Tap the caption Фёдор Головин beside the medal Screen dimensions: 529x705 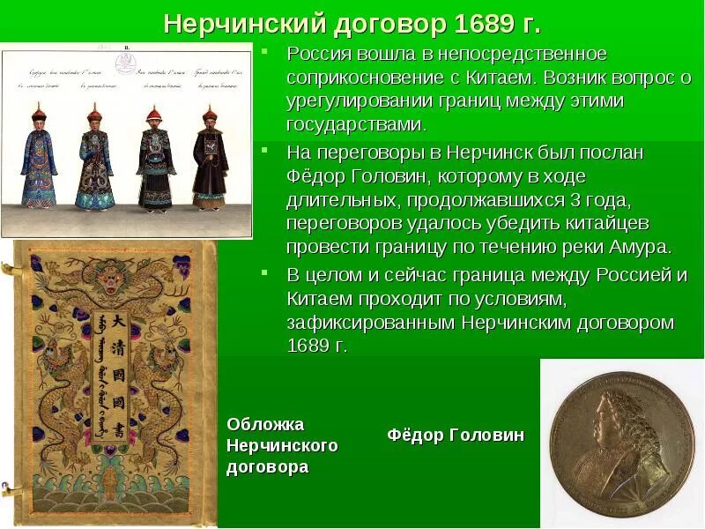coord(455,435)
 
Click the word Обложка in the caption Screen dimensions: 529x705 coord(265,424)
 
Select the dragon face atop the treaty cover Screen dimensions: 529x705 coord(115,280)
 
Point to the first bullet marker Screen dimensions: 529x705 coord(267,56)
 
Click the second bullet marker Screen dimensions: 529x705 coord(267,152)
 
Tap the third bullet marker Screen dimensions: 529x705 coord(267,273)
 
